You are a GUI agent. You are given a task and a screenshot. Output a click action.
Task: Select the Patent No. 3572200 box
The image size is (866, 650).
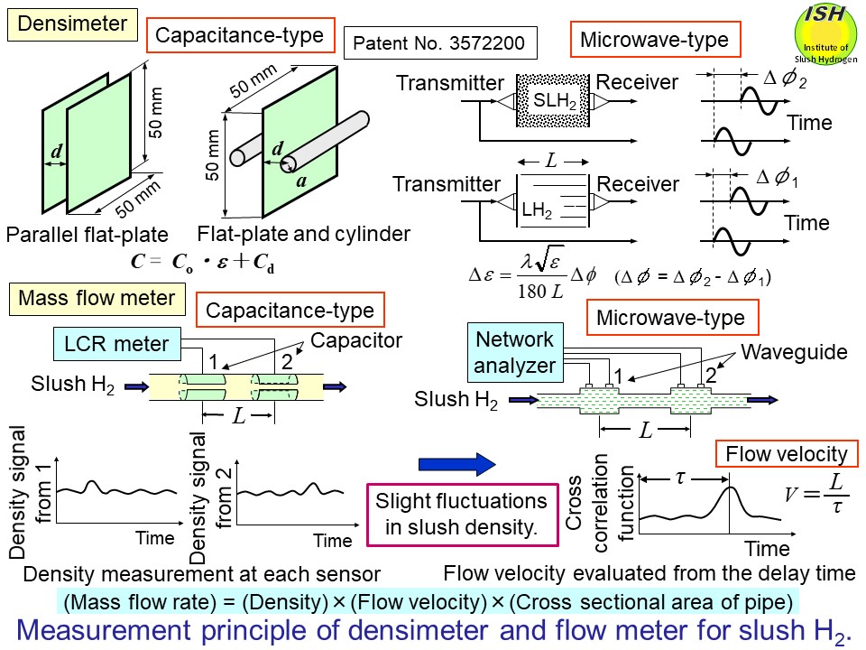tap(440, 42)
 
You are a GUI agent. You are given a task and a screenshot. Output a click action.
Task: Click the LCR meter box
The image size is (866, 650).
tap(116, 343)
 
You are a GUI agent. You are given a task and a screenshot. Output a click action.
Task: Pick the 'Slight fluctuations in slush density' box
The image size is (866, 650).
tap(461, 515)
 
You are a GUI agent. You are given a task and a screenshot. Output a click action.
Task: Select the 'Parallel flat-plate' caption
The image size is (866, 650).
tap(88, 235)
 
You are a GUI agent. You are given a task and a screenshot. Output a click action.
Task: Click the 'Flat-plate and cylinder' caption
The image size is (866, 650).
tap(304, 234)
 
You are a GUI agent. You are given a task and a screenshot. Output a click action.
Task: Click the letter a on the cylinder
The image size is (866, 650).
tap(299, 181)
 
